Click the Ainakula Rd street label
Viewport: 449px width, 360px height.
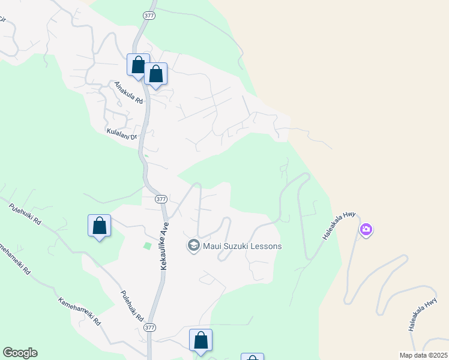pyautogui.click(x=128, y=93)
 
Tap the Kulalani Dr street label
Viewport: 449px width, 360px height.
pyautogui.click(x=122, y=133)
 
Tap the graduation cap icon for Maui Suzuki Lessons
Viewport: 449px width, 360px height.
pyautogui.click(x=193, y=245)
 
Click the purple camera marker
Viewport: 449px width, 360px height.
pyautogui.click(x=366, y=229)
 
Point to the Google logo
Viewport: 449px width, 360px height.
pyautogui.click(x=20, y=353)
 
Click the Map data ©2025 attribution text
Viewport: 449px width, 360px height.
pyautogui.click(x=423, y=355)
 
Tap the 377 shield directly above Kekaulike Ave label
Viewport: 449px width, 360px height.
pyautogui.click(x=160, y=199)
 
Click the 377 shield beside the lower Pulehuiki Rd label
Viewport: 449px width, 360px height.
pyautogui.click(x=149, y=328)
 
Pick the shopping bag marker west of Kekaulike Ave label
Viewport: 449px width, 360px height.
pyautogui.click(x=100, y=227)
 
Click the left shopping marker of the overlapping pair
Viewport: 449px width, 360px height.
pyautogui.click(x=138, y=65)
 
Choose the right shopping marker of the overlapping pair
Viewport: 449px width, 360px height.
pyautogui.click(x=156, y=74)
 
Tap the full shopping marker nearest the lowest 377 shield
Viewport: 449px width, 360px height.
pyautogui.click(x=201, y=341)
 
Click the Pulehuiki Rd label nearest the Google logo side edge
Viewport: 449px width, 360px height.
pyautogui.click(x=25, y=214)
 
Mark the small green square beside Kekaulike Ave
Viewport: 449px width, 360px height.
pyautogui.click(x=148, y=245)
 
